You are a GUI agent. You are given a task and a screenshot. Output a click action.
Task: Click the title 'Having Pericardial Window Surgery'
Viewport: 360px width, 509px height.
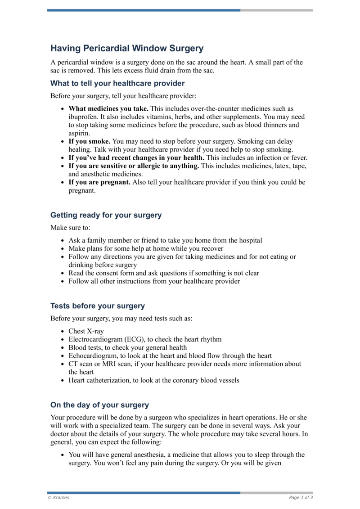point(127,48)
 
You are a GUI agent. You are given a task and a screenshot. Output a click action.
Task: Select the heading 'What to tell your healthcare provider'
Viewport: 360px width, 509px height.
point(117,83)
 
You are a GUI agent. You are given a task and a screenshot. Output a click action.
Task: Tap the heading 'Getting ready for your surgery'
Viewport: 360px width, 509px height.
point(106,215)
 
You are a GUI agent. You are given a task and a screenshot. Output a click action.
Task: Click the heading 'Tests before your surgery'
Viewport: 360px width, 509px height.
point(98,306)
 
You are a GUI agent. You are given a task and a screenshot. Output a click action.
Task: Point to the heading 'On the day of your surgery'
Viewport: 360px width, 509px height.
point(99,405)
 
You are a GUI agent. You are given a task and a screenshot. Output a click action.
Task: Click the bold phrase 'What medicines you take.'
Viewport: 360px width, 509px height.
point(108,109)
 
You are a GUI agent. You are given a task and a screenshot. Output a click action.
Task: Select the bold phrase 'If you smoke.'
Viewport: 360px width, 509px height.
point(89,141)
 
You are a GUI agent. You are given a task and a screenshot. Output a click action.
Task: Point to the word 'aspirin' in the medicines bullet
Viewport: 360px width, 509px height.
point(79,133)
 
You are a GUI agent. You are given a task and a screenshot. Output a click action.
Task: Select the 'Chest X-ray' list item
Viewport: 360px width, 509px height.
point(86,331)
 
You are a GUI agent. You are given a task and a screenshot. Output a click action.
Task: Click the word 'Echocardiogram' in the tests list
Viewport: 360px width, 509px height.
point(91,356)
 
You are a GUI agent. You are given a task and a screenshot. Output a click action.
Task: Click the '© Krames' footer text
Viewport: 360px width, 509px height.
point(58,498)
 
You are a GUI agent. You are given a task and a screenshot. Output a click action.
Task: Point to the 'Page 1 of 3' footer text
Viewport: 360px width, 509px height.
point(301,498)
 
